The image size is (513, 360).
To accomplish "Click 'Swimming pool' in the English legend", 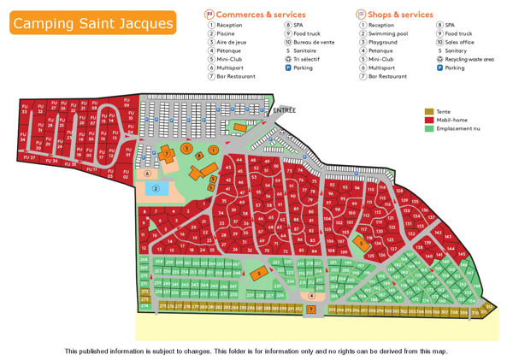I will [x=390, y=33].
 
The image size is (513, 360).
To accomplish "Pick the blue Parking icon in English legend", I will [x=438, y=68].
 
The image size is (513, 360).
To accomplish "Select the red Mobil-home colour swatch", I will [x=429, y=121].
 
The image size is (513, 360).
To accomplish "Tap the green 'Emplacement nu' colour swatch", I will [x=429, y=129].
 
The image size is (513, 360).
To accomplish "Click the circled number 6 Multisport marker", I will [x=146, y=173].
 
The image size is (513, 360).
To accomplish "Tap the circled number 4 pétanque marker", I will [x=311, y=297].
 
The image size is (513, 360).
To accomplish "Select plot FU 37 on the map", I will [x=29, y=157].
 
